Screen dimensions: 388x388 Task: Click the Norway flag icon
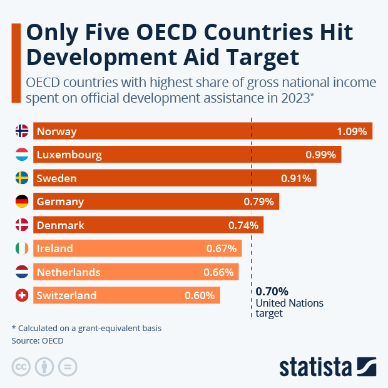[x=21, y=131]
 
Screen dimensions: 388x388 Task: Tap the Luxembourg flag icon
[x=21, y=155]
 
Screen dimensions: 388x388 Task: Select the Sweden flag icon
[x=21, y=178]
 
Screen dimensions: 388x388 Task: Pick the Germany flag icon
[x=21, y=202]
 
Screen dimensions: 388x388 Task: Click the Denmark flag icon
[x=21, y=225]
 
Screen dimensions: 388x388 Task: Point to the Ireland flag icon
[x=21, y=248]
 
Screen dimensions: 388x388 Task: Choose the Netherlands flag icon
[x=21, y=272]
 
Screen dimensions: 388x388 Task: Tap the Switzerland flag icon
[x=21, y=295]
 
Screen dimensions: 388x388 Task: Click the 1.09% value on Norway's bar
[x=352, y=131]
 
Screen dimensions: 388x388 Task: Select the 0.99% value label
[x=320, y=155]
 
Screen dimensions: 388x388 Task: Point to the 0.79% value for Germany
[x=258, y=202]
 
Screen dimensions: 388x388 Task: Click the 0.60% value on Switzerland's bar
[x=200, y=295]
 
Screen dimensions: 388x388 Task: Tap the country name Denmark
[x=60, y=225]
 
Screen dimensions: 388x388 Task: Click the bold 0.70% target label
[x=272, y=291]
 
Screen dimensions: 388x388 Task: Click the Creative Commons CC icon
[x=21, y=367]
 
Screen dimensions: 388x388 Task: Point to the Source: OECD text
[x=38, y=341]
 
